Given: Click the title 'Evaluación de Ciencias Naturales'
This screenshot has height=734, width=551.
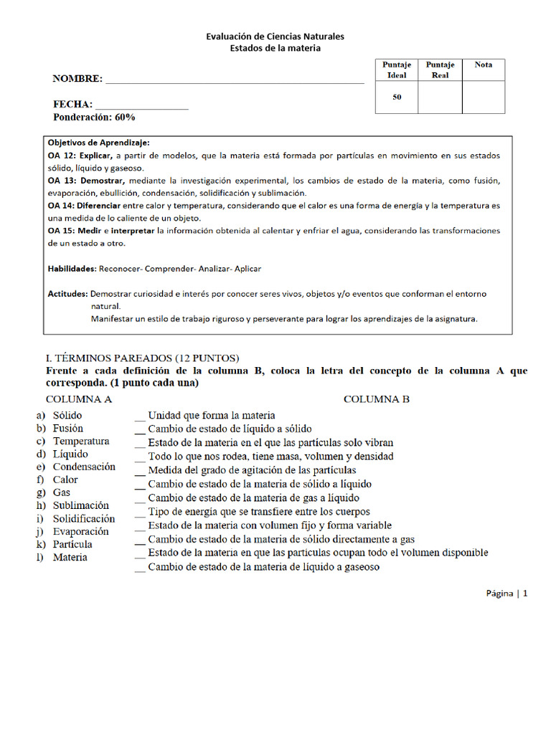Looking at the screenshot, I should [x=275, y=36].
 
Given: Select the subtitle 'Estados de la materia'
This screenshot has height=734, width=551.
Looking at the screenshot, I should [x=275, y=48].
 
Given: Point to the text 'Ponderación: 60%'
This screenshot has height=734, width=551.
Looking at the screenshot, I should [x=94, y=117].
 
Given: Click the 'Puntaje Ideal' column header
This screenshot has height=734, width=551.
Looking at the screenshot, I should [x=397, y=70].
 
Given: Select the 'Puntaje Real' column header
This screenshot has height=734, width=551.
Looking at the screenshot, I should [x=440, y=70].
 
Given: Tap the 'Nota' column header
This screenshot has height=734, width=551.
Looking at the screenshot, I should [x=483, y=65].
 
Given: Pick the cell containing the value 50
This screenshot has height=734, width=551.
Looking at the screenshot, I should [x=397, y=97].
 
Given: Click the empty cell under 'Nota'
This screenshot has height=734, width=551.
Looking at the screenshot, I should [x=483, y=97].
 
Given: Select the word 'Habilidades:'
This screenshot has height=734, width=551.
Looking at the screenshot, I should [x=72, y=269].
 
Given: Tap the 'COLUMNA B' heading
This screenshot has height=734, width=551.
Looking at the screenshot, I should [x=376, y=399].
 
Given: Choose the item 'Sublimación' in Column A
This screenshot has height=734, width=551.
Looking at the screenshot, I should [x=81, y=505].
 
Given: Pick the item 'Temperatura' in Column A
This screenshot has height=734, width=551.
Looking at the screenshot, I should [x=81, y=441].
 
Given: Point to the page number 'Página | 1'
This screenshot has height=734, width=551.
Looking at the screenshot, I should [x=507, y=594].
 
